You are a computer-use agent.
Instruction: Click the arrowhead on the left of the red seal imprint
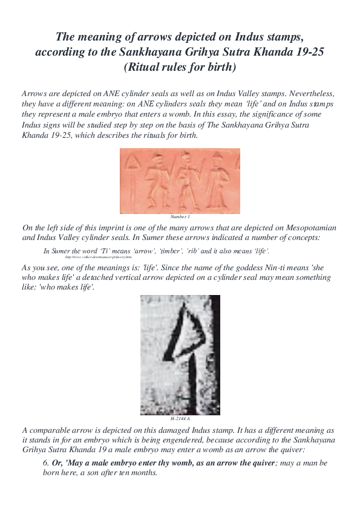(133, 161)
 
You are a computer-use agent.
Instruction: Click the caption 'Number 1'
(180, 216)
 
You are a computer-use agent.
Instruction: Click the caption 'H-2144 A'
(180, 418)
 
